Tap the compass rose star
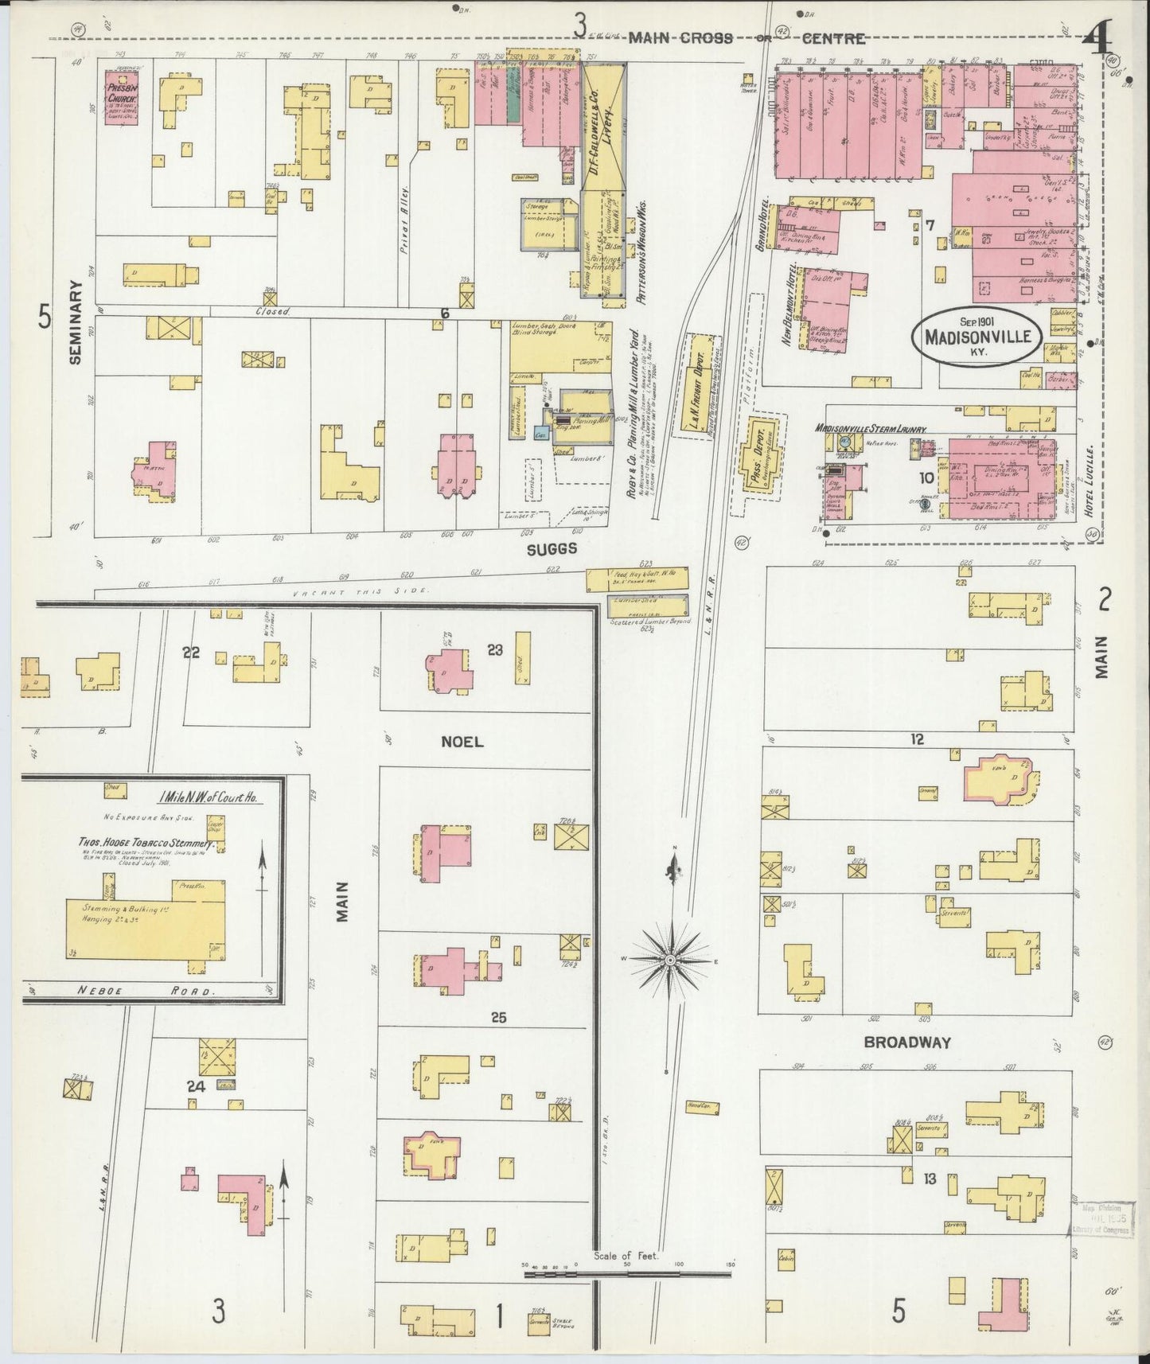click(671, 961)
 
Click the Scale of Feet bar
click(626, 1274)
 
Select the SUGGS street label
click(551, 549)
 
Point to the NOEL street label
click(462, 741)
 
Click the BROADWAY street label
click(907, 1042)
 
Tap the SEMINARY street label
click(76, 321)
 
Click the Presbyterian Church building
click(123, 98)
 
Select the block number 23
click(495, 649)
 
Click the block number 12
click(917, 739)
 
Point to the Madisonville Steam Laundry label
click(870, 428)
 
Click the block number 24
click(196, 1086)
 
